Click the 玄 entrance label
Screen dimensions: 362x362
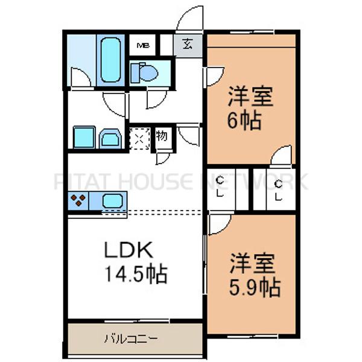(x=188, y=44)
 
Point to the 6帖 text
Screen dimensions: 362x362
(x=244, y=121)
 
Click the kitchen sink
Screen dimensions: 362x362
(x=113, y=201)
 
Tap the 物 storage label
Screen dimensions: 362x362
(x=162, y=136)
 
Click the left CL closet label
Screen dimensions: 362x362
(x=220, y=187)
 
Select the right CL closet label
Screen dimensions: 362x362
(x=278, y=189)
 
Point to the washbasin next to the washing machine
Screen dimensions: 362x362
(x=110, y=138)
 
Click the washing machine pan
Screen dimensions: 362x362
(x=83, y=137)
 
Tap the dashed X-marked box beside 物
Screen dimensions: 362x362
(x=139, y=139)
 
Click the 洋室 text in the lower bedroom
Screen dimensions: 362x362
(x=254, y=264)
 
